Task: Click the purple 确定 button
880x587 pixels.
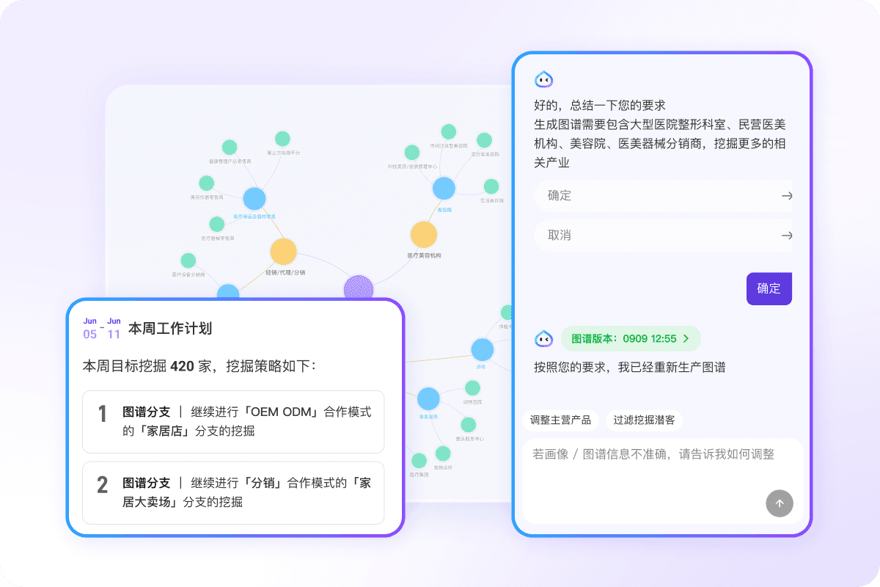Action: pyautogui.click(x=769, y=288)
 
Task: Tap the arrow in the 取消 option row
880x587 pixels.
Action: pyautogui.click(x=787, y=236)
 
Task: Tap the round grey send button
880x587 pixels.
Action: pyautogui.click(x=780, y=503)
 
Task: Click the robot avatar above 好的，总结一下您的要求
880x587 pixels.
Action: pyautogui.click(x=543, y=79)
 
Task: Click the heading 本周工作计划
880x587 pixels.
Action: pyautogui.click(x=170, y=328)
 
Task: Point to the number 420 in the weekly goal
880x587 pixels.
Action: pyautogui.click(x=182, y=365)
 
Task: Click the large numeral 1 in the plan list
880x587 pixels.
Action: pyautogui.click(x=103, y=414)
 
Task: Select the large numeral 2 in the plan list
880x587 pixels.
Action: pyautogui.click(x=103, y=484)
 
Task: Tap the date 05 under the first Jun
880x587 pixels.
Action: pyautogui.click(x=89, y=335)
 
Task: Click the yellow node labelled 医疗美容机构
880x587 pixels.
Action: pyautogui.click(x=423, y=235)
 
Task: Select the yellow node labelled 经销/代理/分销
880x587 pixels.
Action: pyautogui.click(x=283, y=251)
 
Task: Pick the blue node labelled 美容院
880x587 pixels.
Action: pyautogui.click(x=444, y=189)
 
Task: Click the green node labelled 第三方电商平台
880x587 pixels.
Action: pyautogui.click(x=283, y=139)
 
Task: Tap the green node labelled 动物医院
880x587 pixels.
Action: pyautogui.click(x=472, y=387)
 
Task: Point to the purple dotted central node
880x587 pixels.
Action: pyautogui.click(x=359, y=288)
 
